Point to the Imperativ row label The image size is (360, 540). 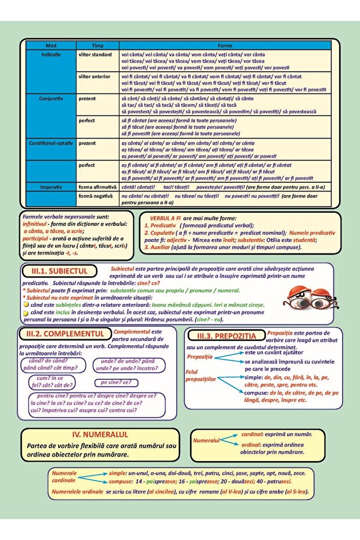[x=52, y=188]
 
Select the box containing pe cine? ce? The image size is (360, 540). [x=117, y=383]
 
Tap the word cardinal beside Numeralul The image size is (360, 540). [x=252, y=434]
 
